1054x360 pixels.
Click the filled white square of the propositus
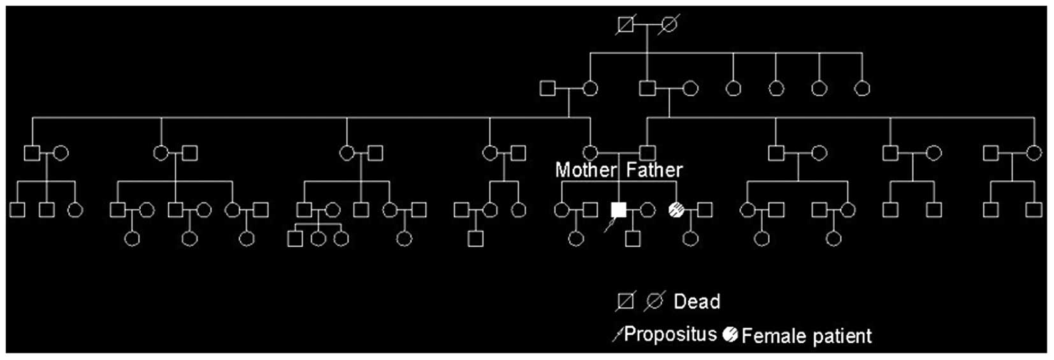coord(618,210)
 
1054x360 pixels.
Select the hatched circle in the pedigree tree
coord(676,210)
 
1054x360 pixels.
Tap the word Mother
coord(586,170)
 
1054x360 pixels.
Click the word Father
coord(654,170)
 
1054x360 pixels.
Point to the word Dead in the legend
coord(697,301)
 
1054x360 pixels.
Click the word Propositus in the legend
coord(670,334)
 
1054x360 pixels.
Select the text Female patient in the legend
coord(806,336)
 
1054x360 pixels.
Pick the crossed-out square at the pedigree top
coord(626,25)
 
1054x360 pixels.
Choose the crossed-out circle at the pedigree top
coord(668,25)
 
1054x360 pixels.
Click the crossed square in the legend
coord(626,301)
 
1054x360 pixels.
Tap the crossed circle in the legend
coord(654,301)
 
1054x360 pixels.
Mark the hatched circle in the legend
coord(730,334)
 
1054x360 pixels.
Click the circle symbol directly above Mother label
coord(590,153)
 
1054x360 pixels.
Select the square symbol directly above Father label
coord(647,153)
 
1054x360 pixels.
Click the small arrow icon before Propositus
coord(616,335)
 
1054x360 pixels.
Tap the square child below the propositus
coord(632,239)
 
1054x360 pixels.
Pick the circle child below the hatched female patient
coord(690,239)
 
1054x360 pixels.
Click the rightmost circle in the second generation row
coord(862,88)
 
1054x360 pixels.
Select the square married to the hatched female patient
coord(705,210)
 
